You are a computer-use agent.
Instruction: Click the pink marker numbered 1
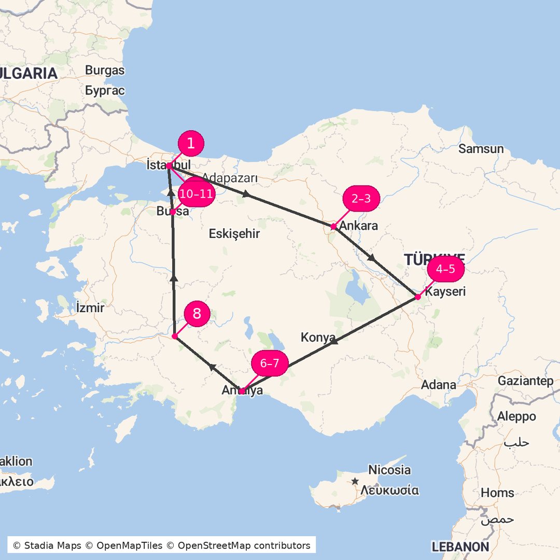click(191, 144)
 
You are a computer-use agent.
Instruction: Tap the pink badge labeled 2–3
click(361, 199)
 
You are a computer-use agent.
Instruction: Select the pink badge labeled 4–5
click(445, 269)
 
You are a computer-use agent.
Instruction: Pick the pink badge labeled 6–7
click(270, 363)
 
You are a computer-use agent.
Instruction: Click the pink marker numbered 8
click(197, 314)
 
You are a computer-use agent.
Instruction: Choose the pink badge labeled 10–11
click(196, 194)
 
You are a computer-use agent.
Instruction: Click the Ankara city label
click(358, 226)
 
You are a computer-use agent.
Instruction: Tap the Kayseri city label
click(445, 291)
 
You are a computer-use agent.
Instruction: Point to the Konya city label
click(318, 338)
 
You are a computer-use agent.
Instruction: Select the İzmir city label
click(90, 307)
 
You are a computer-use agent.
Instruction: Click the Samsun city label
click(481, 149)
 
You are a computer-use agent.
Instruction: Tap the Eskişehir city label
click(234, 234)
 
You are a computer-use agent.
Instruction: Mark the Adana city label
click(439, 385)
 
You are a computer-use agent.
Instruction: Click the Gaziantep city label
click(525, 381)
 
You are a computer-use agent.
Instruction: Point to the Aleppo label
click(516, 416)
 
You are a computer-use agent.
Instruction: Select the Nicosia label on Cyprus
click(389, 470)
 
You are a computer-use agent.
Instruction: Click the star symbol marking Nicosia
click(355, 481)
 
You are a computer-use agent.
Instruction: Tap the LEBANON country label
click(460, 547)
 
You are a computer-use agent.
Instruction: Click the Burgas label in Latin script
click(105, 70)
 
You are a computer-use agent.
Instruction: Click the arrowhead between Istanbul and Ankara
click(246, 194)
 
